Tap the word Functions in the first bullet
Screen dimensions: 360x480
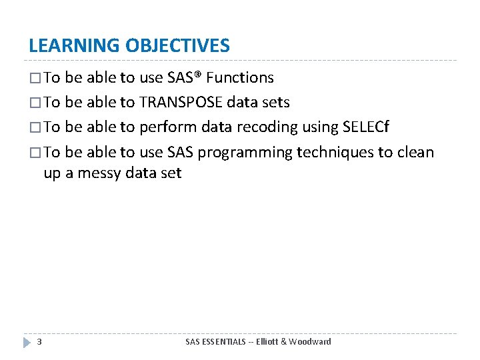[x=240, y=78]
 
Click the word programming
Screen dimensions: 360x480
[x=245, y=153]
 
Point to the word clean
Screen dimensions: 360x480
[x=415, y=153]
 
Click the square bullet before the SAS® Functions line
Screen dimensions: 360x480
[x=35, y=79]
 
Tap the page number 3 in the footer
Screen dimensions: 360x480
[x=39, y=342]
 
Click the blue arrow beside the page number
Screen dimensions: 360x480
[x=27, y=342]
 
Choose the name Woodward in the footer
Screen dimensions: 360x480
[x=311, y=342]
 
